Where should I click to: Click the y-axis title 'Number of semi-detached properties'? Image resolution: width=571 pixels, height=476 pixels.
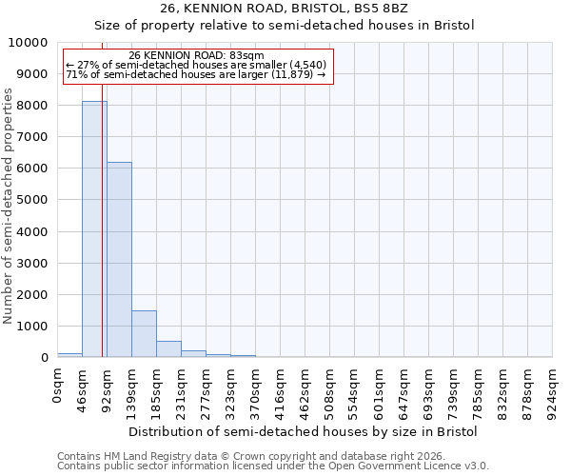coord(9,206)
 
